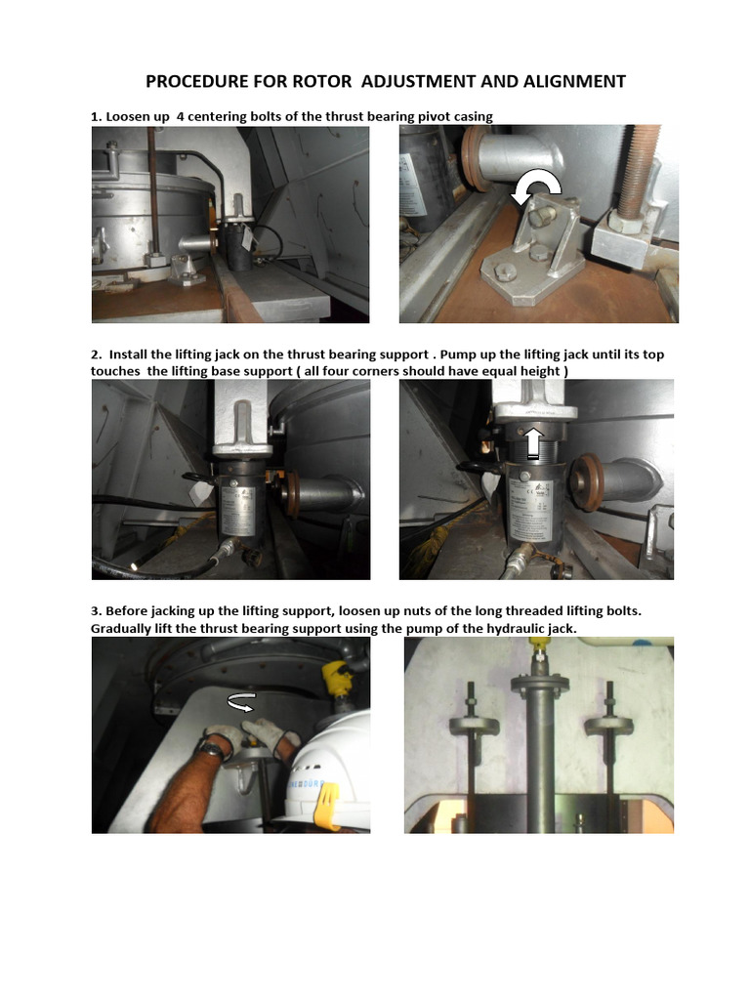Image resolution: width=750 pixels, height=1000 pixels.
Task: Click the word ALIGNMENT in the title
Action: (568, 81)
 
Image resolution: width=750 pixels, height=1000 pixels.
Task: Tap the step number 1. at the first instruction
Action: (97, 116)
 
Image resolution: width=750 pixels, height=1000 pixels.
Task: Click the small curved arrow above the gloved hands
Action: (242, 700)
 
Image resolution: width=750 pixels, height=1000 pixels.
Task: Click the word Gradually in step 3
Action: (124, 628)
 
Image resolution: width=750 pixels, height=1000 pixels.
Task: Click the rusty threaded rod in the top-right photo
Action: (641, 176)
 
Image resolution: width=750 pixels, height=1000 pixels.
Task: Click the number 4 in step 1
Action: (169, 116)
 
